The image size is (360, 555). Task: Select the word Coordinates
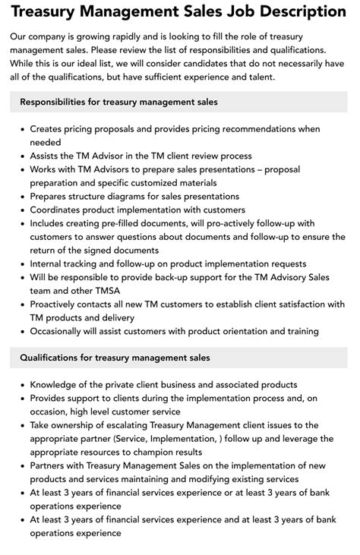tap(60, 210)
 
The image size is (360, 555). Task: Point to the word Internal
tap(49, 263)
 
